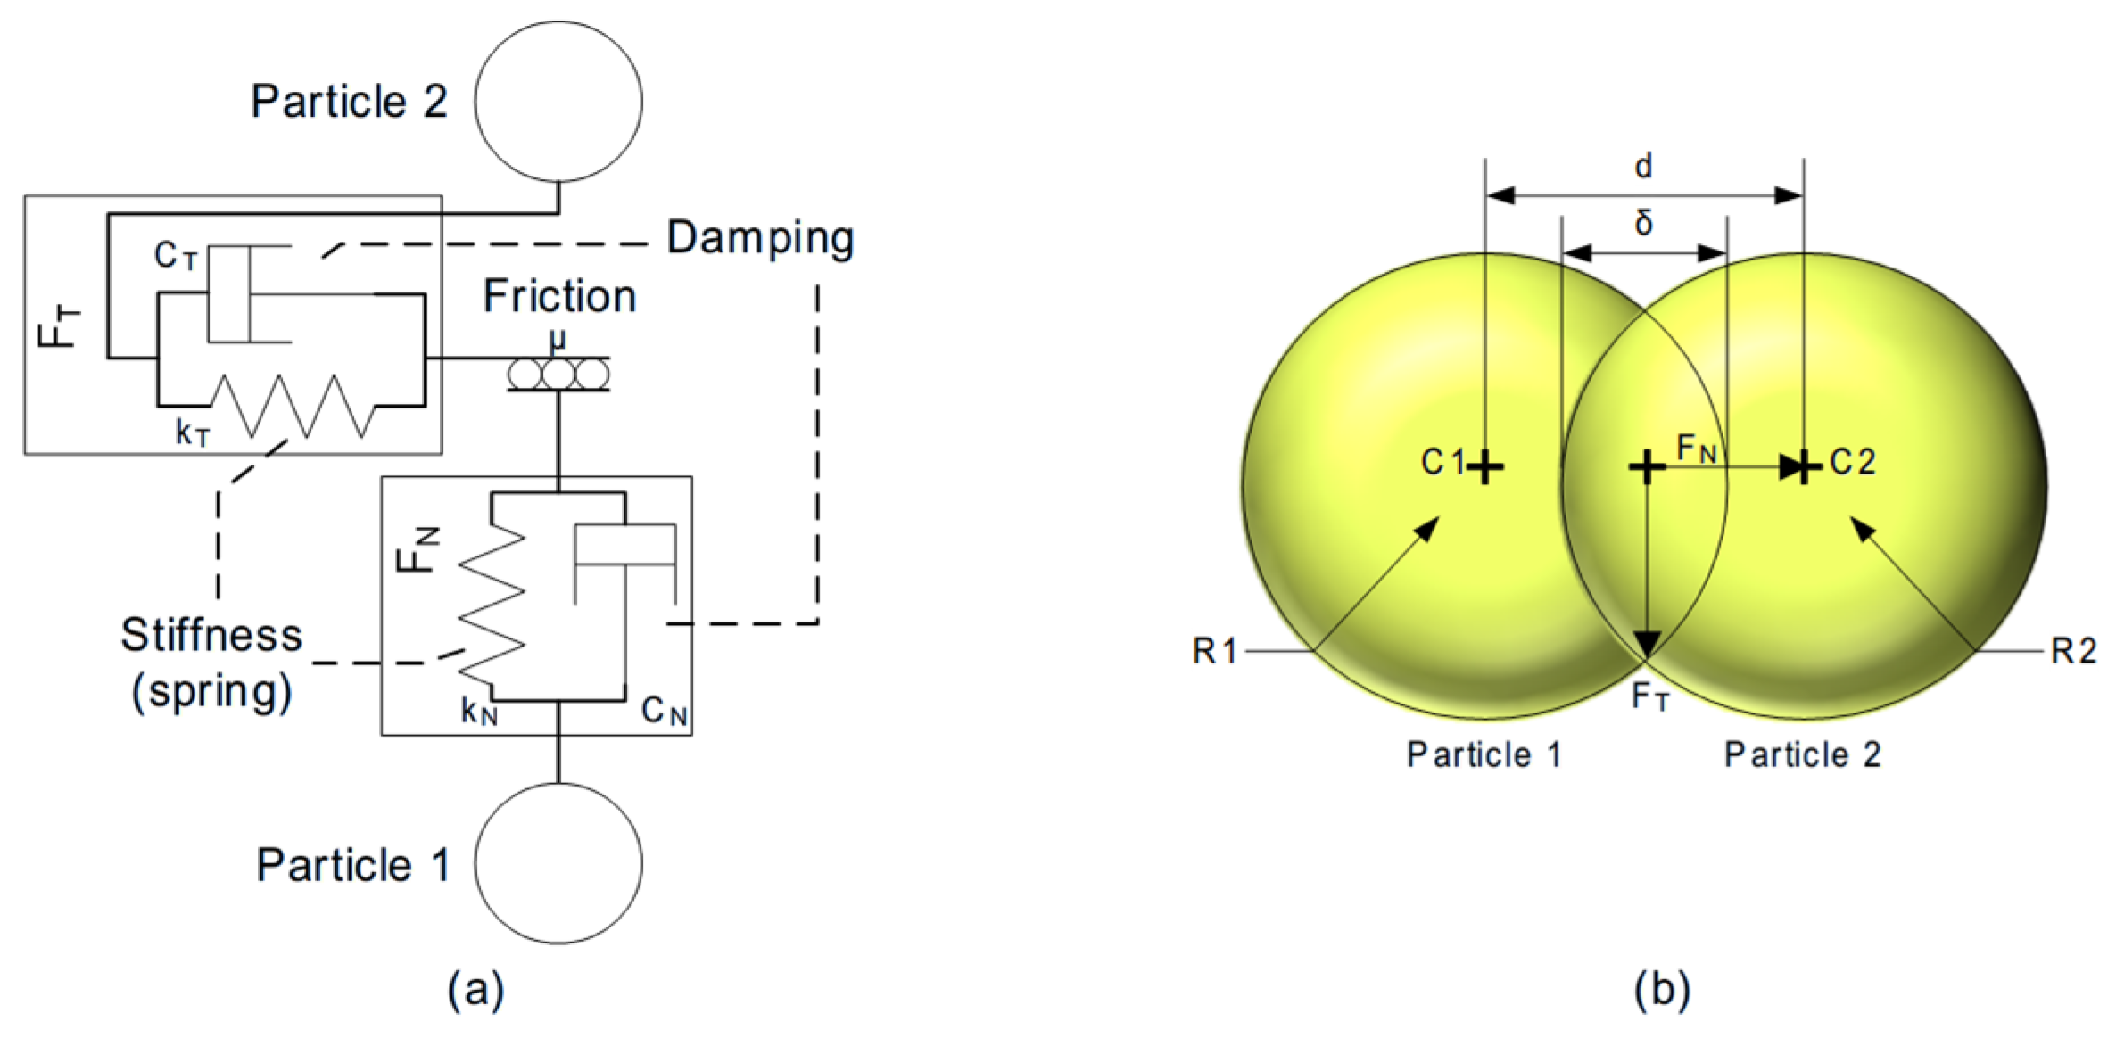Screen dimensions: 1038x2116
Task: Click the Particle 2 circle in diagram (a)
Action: pos(558,102)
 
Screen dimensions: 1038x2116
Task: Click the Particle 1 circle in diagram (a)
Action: pos(558,862)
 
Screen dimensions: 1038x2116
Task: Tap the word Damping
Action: pos(760,239)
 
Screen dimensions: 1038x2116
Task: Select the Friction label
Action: pos(559,296)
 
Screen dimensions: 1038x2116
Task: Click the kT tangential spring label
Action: pos(193,432)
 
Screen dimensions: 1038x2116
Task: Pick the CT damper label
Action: pos(175,256)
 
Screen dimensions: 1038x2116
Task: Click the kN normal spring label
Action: pos(479,711)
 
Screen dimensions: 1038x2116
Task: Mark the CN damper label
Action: pos(665,712)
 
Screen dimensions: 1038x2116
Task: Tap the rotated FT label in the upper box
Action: pos(59,325)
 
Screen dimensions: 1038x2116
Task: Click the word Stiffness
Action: pos(211,636)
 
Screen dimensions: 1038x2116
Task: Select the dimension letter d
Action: pos(1643,166)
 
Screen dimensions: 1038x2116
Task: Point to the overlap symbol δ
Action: pos(1643,221)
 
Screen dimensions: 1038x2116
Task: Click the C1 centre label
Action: pos(1443,462)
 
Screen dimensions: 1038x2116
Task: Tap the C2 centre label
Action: pos(1853,462)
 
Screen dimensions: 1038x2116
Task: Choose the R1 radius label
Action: pos(1214,651)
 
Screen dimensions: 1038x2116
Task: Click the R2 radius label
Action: pos(2073,651)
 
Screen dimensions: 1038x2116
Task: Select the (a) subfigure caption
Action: pos(475,990)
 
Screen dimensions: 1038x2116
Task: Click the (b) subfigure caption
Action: pos(1661,990)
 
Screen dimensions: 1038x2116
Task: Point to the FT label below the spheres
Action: pos(1649,696)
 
